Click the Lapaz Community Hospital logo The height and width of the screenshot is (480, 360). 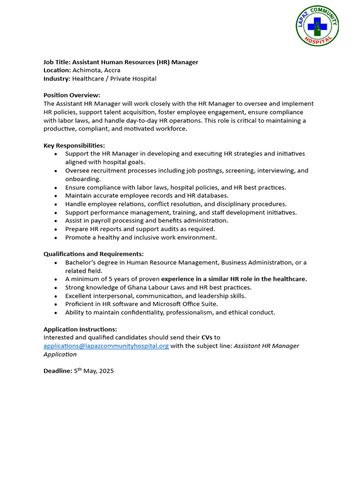click(x=318, y=26)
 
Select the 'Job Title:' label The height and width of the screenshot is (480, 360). click(x=57, y=62)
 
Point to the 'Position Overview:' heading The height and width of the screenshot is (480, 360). click(x=72, y=95)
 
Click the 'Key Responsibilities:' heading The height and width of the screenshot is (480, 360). click(x=74, y=145)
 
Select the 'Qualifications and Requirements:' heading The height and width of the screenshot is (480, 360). click(x=93, y=254)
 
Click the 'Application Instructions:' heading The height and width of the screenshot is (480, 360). click(x=80, y=329)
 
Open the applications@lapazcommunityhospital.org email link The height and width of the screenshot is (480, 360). click(x=106, y=346)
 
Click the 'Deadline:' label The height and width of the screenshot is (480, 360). click(x=58, y=371)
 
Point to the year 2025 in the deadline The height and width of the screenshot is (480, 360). click(x=106, y=371)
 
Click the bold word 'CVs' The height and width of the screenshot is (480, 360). click(x=207, y=337)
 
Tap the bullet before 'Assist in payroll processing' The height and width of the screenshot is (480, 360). click(x=56, y=221)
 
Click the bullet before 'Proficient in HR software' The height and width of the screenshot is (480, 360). click(x=56, y=304)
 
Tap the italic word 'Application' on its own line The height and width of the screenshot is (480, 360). click(x=60, y=354)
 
